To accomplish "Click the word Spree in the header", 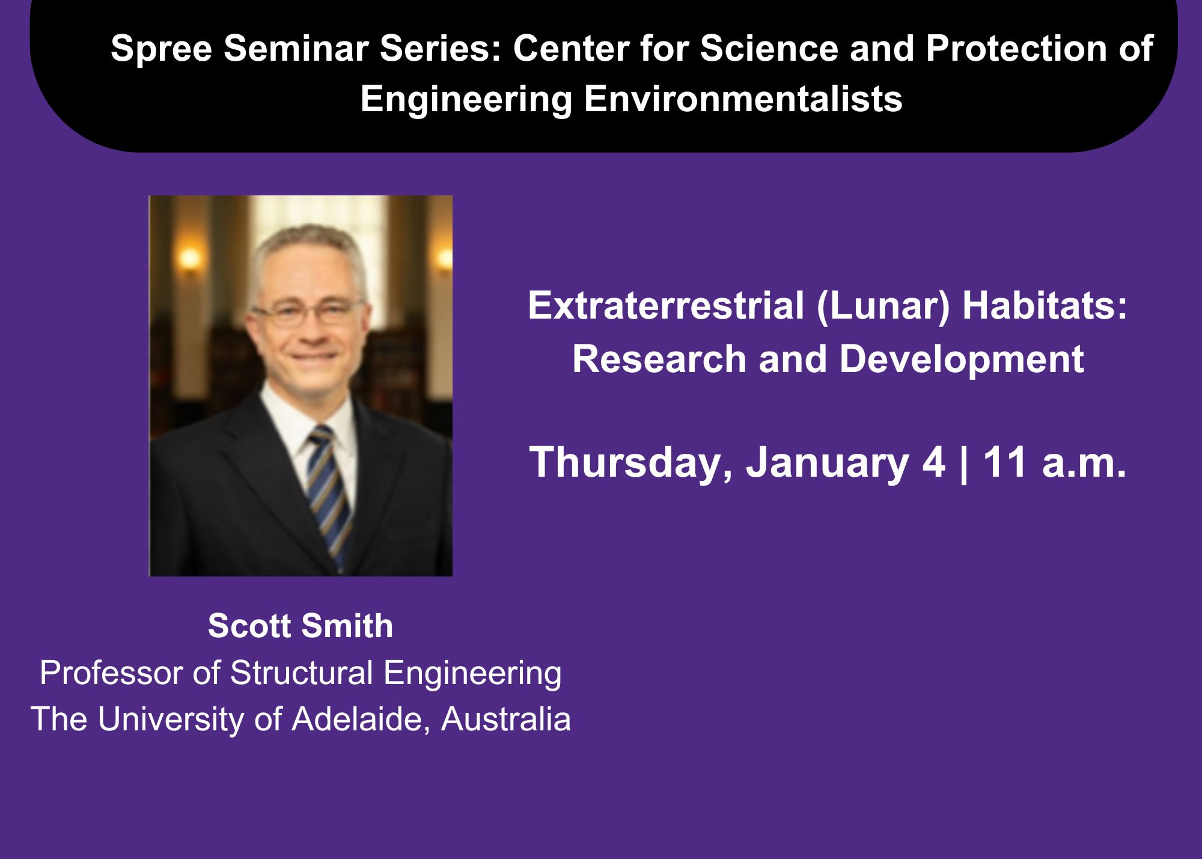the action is pyautogui.click(x=161, y=49).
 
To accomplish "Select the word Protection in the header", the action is pyautogui.click(x=1016, y=48).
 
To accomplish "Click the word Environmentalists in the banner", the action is pyautogui.click(x=743, y=99).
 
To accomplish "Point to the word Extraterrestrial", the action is pyautogui.click(x=666, y=305).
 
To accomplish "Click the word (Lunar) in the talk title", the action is pyautogui.click(x=883, y=307).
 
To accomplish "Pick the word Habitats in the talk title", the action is pyautogui.click(x=1045, y=305).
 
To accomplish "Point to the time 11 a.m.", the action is pyautogui.click(x=1055, y=463).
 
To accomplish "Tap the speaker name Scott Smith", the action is pyautogui.click(x=300, y=626).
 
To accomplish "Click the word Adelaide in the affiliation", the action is pyautogui.click(x=361, y=719).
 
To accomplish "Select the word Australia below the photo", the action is pyautogui.click(x=506, y=719).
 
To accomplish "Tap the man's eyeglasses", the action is pyautogui.click(x=308, y=313).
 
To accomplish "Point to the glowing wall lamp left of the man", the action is pyautogui.click(x=189, y=259).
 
